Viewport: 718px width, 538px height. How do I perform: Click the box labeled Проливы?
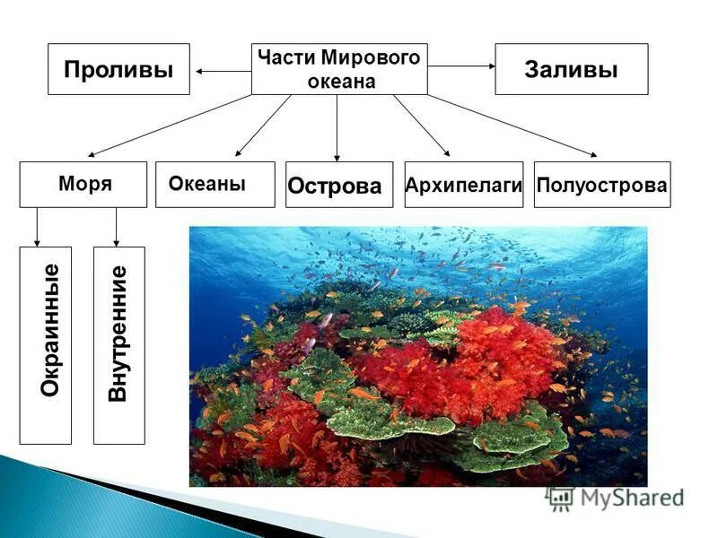[118, 69]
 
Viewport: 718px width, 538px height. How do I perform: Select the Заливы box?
[571, 69]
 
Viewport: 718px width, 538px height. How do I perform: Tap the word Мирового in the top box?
[378, 58]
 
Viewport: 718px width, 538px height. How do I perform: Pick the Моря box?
[83, 184]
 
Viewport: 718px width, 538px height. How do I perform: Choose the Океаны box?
[215, 184]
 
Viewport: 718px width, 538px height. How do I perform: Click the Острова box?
[338, 186]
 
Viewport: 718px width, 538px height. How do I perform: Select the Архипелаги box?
[463, 185]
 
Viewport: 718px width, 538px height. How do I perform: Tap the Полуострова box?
[601, 185]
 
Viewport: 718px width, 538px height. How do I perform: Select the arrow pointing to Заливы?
[461, 66]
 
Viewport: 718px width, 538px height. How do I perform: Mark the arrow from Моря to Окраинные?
[36, 227]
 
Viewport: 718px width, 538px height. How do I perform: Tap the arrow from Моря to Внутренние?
[117, 227]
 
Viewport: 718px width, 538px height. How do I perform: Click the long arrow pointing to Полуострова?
[512, 126]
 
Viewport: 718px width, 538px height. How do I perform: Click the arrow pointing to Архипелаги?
[421, 125]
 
